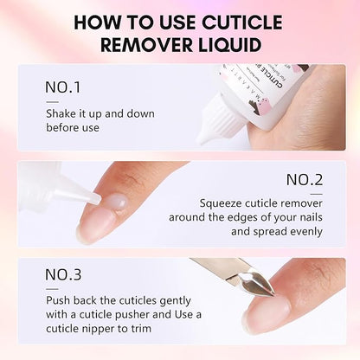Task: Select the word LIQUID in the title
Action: point(230,44)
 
